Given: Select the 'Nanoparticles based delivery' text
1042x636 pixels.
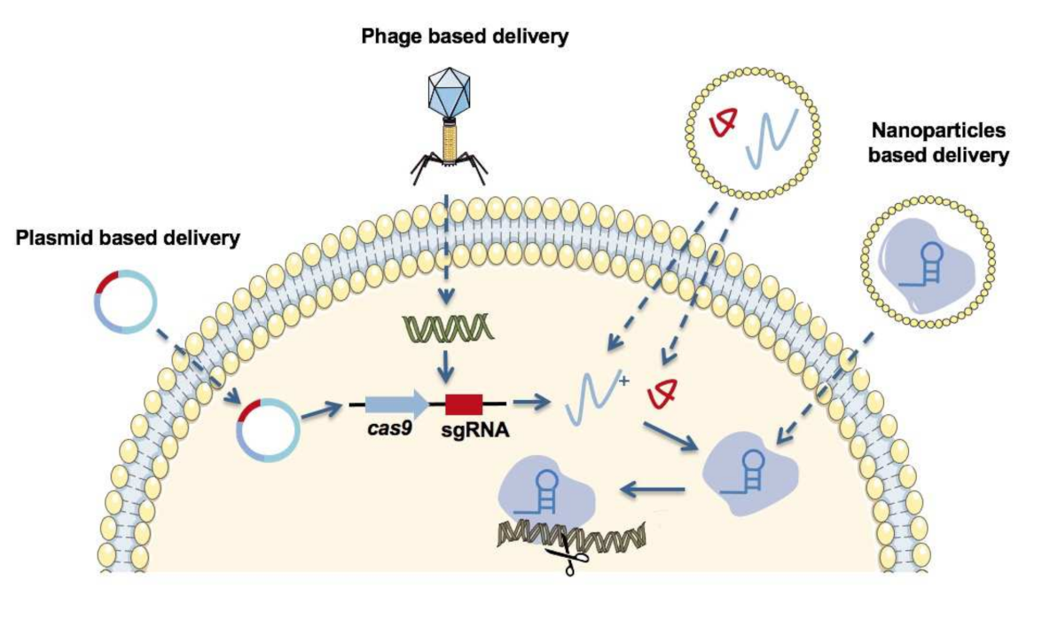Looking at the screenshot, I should (x=938, y=143).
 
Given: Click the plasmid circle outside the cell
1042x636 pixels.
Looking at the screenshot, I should (x=126, y=304).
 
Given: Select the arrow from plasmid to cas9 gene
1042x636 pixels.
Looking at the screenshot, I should (x=323, y=412).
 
